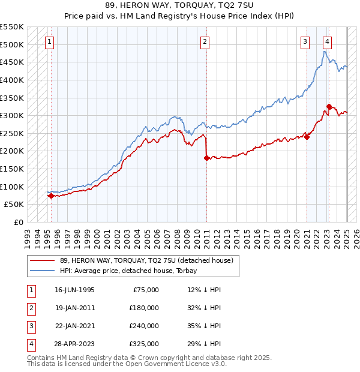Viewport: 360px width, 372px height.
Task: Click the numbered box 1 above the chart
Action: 49,42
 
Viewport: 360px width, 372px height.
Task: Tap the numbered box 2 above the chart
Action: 205,42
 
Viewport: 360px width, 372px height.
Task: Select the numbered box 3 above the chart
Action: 305,42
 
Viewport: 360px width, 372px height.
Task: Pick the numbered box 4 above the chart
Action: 327,42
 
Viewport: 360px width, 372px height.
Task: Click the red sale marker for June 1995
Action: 51,196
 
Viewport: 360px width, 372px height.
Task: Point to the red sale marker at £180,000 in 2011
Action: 206,158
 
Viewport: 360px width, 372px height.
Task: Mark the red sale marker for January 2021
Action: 307,137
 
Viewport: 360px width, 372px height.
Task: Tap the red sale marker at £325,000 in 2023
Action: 329,107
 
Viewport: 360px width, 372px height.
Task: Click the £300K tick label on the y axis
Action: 12,115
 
